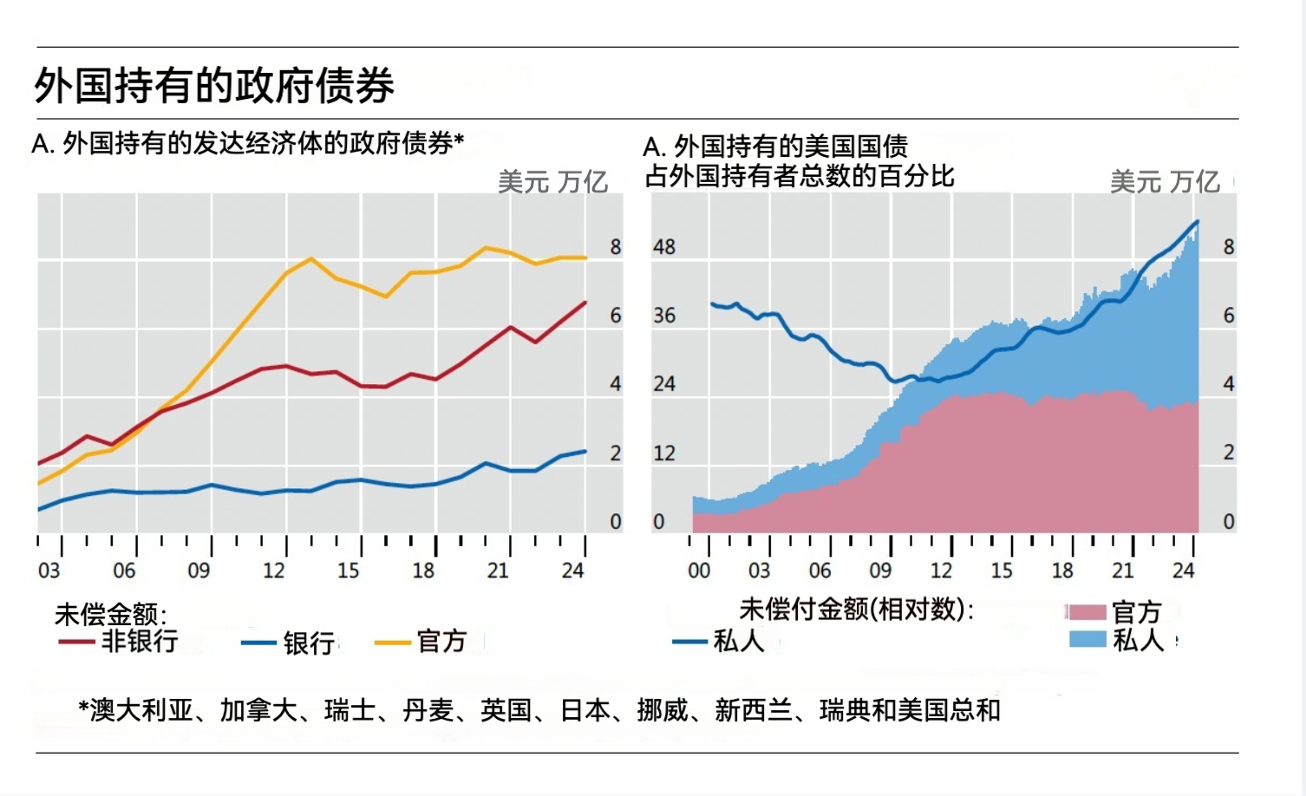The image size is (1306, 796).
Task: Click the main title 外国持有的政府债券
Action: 214,86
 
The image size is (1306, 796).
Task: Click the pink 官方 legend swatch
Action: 1087,612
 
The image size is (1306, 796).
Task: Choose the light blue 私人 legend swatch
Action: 1087,640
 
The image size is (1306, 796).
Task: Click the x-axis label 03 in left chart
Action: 49,571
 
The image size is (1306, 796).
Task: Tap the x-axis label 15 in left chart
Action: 349,571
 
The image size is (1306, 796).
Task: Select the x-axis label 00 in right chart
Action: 699,571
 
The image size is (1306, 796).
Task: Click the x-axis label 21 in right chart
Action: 1123,571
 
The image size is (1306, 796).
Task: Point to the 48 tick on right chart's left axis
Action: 664,247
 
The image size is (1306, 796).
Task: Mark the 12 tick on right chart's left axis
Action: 664,453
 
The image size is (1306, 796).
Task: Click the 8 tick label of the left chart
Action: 616,247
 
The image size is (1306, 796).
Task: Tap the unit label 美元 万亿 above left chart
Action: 552,182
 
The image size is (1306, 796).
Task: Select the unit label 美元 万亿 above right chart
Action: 1165,182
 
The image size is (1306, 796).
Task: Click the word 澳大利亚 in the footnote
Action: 142,711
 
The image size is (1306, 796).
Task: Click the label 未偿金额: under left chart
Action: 110,615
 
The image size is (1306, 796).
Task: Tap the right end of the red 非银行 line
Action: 585,303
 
